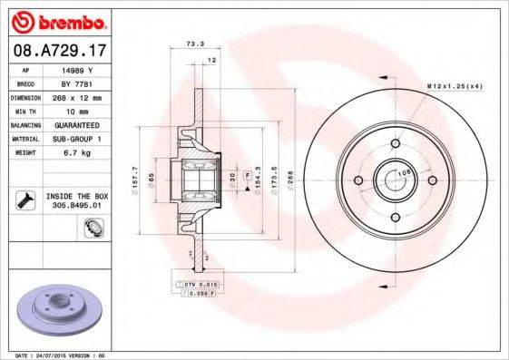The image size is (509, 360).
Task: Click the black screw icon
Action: point(26,199)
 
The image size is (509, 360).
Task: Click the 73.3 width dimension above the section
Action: point(193,44)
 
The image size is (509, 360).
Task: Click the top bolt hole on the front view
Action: point(397,141)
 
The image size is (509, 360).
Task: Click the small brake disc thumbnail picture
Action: point(57,309)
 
